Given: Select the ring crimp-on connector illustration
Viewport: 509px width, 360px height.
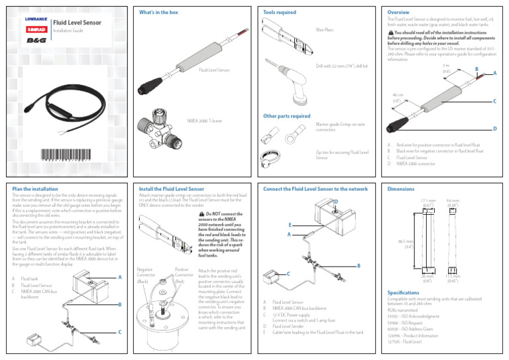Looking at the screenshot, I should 290,139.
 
